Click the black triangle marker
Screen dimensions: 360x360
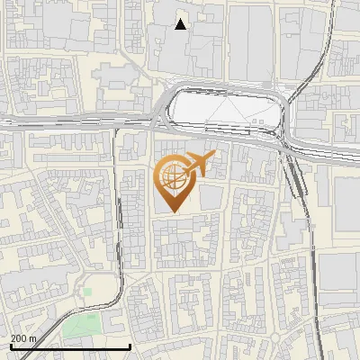click(180, 24)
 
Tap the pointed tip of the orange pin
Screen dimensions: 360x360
click(173, 211)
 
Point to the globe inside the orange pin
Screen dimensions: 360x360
click(172, 177)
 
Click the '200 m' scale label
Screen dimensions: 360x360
click(23, 337)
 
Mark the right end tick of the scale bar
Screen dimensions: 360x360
click(130, 346)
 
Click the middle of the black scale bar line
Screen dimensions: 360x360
click(69, 346)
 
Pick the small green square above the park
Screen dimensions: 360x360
click(87, 291)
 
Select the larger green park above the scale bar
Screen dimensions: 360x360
click(82, 325)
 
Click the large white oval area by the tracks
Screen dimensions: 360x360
click(225, 111)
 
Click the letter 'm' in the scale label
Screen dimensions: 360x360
click(32, 337)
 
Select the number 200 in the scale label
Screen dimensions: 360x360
click(19, 337)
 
